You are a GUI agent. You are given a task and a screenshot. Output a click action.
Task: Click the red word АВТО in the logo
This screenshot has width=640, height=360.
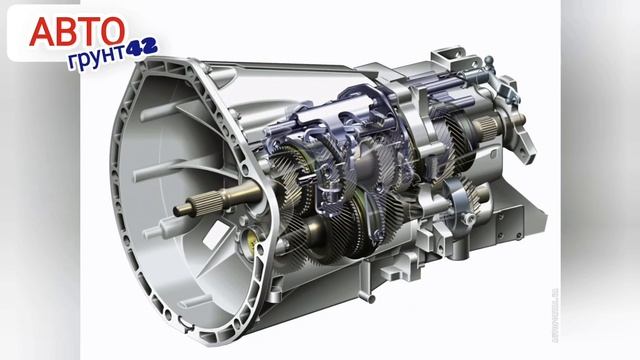coord(77,31)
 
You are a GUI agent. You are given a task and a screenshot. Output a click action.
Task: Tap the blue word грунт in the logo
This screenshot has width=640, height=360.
coord(97,58)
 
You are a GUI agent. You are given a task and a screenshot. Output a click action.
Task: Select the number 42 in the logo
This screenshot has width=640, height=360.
coord(141,48)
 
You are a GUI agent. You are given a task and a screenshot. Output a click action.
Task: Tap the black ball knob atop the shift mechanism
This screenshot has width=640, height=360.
coord(489,60)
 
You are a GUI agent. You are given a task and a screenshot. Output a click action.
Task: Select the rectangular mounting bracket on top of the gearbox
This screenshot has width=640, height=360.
coord(449,58)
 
